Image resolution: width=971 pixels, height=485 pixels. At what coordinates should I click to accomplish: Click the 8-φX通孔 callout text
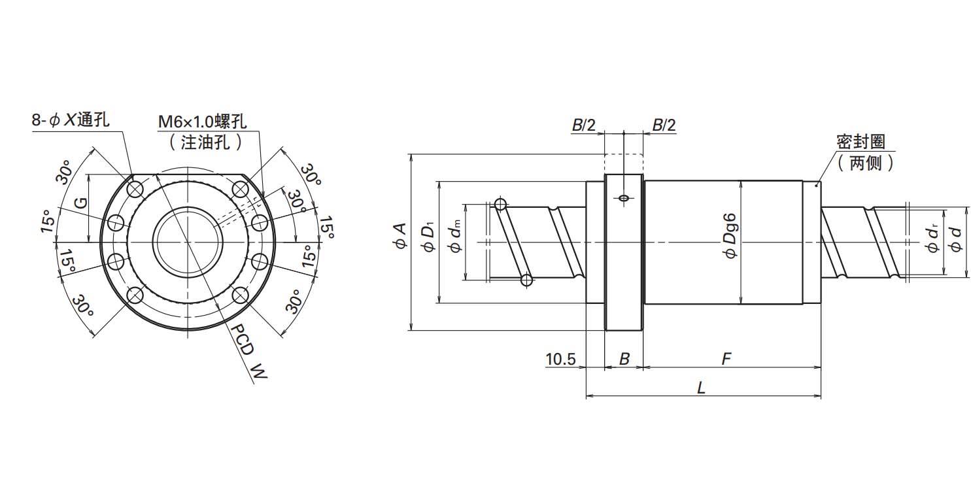pyautogui.click(x=71, y=121)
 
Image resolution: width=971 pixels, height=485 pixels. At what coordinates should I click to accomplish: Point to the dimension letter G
pyautogui.click(x=80, y=203)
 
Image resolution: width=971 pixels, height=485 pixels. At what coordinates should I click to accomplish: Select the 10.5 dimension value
pyautogui.click(x=560, y=359)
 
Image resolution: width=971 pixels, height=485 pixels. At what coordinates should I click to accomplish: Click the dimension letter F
pyautogui.click(x=726, y=359)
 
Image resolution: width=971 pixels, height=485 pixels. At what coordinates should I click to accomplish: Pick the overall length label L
pyautogui.click(x=701, y=388)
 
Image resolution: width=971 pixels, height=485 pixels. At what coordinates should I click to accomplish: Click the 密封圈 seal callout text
pyautogui.click(x=860, y=142)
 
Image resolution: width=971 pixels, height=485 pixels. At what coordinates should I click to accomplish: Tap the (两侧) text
pyautogui.click(x=864, y=163)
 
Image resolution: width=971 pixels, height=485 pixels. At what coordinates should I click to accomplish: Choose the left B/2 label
pyautogui.click(x=584, y=125)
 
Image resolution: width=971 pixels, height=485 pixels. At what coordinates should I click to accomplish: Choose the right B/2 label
pyautogui.click(x=664, y=125)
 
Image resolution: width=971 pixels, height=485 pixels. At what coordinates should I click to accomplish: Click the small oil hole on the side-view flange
pyautogui.click(x=624, y=197)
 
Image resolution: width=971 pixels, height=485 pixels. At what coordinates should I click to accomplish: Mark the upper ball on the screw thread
pyautogui.click(x=502, y=204)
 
